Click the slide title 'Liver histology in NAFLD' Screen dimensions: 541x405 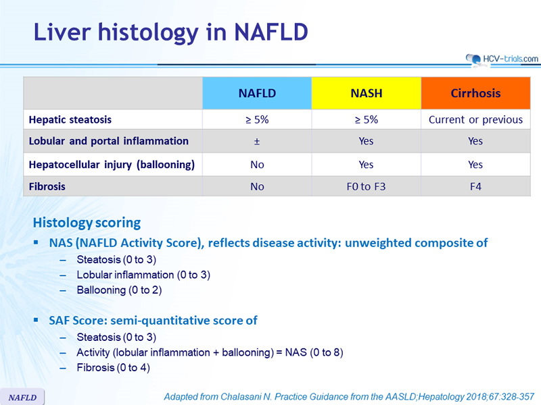tap(171, 33)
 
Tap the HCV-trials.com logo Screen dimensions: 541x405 tap(502, 59)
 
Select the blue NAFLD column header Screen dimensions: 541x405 tap(257, 93)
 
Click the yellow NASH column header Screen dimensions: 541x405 tap(366, 93)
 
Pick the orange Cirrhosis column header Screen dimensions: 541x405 tap(475, 93)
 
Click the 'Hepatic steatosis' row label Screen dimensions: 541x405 tap(70, 119)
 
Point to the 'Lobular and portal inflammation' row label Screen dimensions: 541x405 tap(109, 141)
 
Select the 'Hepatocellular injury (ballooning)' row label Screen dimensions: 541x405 tap(112, 165)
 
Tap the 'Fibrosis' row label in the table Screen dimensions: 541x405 tap(47, 186)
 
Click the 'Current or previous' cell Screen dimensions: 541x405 tap(475, 119)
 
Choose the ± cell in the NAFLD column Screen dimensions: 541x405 tap(257, 141)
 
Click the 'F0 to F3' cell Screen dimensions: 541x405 tap(366, 186)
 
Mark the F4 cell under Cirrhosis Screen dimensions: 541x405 tap(475, 186)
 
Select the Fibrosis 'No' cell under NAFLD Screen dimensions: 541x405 tap(257, 186)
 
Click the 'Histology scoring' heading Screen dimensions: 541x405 tap(87, 223)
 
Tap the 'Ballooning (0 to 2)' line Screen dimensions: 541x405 tap(119, 290)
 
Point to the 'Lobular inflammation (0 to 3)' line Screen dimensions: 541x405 tap(143, 275)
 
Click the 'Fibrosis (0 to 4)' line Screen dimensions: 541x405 tap(113, 368)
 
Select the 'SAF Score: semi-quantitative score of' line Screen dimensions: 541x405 tap(153, 321)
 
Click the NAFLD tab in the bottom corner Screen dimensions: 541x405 tap(22, 397)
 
